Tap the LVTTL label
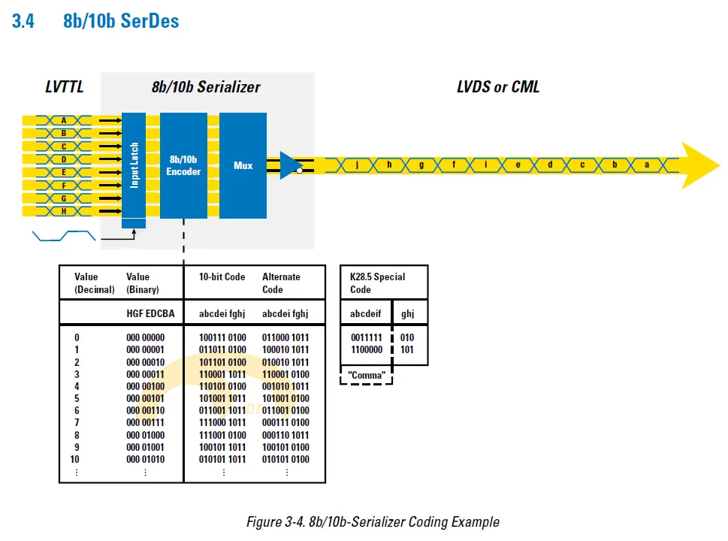point(64,87)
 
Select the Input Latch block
point(134,165)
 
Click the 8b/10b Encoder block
point(184,165)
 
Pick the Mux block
point(243,165)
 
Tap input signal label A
point(64,120)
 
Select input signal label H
point(64,211)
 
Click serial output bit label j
point(357,165)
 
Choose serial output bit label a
point(647,165)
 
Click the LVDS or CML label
point(497,87)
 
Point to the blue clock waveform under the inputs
point(65,236)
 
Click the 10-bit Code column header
point(222,277)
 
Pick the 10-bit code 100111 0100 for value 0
point(222,338)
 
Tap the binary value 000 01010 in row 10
point(145,459)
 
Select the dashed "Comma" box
point(367,375)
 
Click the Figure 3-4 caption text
point(373,521)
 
